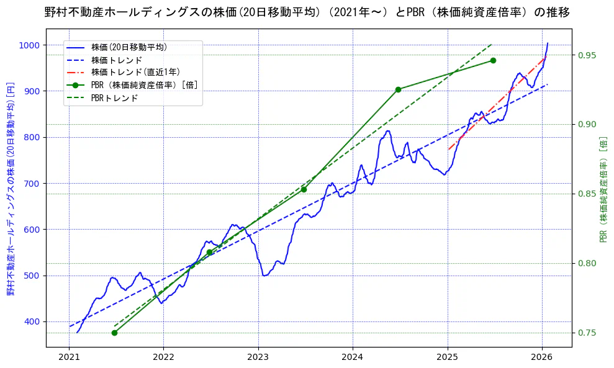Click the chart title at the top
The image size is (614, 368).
pyautogui.click(x=307, y=12)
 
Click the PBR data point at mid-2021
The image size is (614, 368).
pyautogui.click(x=114, y=333)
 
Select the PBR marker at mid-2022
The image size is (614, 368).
pyautogui.click(x=209, y=252)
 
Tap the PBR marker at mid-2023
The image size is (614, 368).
pyautogui.click(x=304, y=189)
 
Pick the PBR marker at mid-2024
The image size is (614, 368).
pyautogui.click(x=398, y=89)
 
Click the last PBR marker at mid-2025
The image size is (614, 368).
pyautogui.click(x=493, y=60)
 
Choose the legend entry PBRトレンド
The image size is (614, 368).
pyautogui.click(x=114, y=98)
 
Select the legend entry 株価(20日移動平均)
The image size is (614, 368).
pyautogui.click(x=129, y=47)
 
